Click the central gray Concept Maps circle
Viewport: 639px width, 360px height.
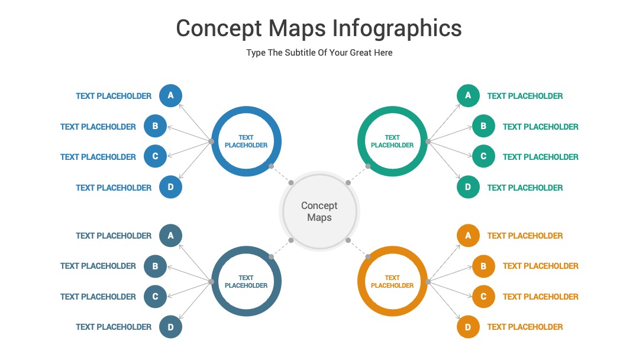[x=319, y=211]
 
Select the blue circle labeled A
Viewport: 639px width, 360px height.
[x=170, y=95]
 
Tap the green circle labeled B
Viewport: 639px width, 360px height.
[x=483, y=126]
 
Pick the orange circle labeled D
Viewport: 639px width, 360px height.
[x=468, y=327]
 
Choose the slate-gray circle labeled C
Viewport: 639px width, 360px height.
[x=155, y=297]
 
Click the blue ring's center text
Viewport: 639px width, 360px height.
[x=246, y=142]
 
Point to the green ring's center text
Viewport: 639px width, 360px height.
[x=392, y=142]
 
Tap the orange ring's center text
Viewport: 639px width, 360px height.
[x=392, y=281]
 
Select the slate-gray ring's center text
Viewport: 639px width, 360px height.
[x=246, y=281]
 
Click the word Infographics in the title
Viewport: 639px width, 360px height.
[x=397, y=29]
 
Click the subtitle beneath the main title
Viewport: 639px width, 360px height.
[x=319, y=53]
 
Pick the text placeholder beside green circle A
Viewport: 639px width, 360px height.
[x=525, y=96]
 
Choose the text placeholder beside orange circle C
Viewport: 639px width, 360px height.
[x=540, y=297]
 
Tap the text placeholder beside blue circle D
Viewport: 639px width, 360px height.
[x=114, y=188]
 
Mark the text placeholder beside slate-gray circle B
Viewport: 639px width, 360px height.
[x=98, y=266]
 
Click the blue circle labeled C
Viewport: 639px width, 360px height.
[x=155, y=156]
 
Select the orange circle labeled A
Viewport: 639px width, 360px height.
[x=468, y=235]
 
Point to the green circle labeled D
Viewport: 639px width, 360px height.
[x=468, y=187]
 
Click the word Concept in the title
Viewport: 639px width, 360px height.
[x=219, y=29]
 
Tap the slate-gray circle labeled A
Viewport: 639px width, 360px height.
[x=170, y=235]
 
